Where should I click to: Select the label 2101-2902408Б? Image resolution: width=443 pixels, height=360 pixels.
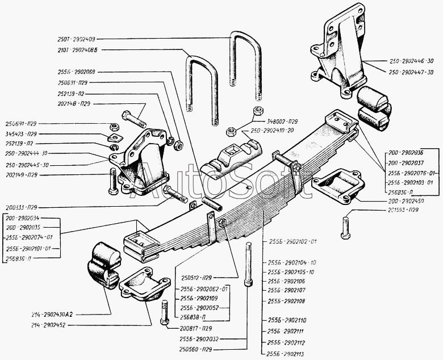coord(78,50)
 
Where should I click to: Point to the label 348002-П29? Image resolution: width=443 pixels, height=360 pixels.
coord(286,122)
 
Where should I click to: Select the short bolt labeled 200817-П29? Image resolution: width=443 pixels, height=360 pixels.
coord(163,312)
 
